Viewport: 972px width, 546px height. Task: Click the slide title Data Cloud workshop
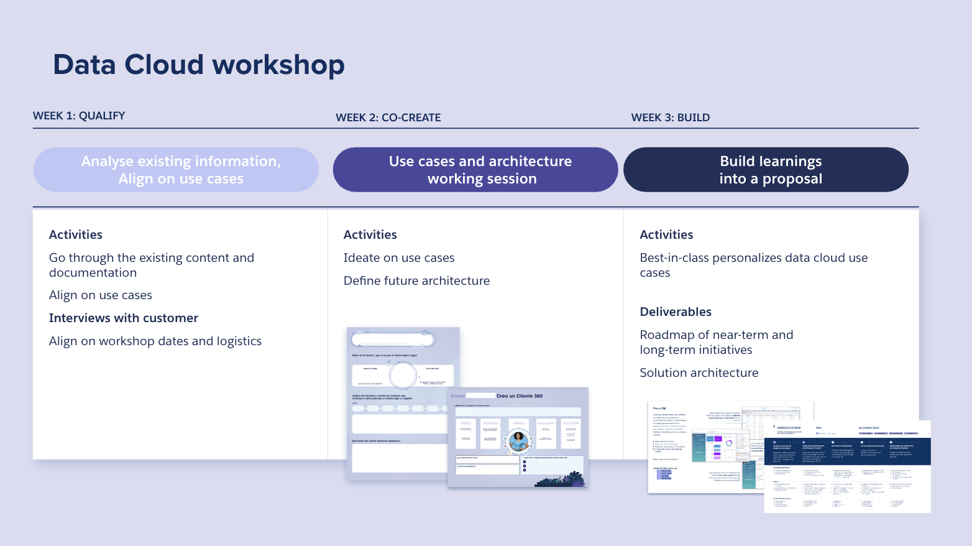click(x=199, y=65)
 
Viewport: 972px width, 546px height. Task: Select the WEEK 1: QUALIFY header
click(x=79, y=116)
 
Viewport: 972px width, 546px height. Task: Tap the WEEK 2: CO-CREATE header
click(x=388, y=118)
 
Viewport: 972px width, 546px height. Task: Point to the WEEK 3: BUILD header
click(x=671, y=118)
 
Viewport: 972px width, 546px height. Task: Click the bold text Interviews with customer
click(x=124, y=318)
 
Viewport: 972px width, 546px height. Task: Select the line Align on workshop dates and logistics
click(x=155, y=341)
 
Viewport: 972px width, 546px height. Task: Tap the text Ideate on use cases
click(x=399, y=258)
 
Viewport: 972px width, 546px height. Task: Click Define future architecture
click(x=416, y=281)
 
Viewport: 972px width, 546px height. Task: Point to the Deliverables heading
click(x=676, y=312)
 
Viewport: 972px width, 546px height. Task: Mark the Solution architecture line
click(x=699, y=373)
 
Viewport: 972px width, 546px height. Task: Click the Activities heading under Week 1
click(x=76, y=235)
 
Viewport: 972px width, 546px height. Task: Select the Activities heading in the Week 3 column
click(x=666, y=235)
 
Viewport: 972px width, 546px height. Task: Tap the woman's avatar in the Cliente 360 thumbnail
click(x=518, y=441)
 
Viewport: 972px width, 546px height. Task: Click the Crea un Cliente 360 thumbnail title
click(x=520, y=396)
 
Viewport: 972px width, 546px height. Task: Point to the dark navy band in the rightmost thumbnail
click(x=848, y=451)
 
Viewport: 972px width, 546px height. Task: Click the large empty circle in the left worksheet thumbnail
click(x=403, y=376)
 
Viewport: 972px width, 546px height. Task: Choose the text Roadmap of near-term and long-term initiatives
click(x=717, y=343)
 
